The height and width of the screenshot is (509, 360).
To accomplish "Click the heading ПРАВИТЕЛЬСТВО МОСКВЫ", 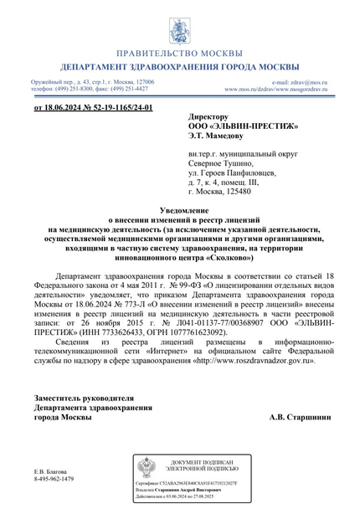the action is point(179,52).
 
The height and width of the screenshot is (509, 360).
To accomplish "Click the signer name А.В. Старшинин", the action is point(299,416).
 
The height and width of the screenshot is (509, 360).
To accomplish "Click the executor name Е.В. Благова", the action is point(54,470).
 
